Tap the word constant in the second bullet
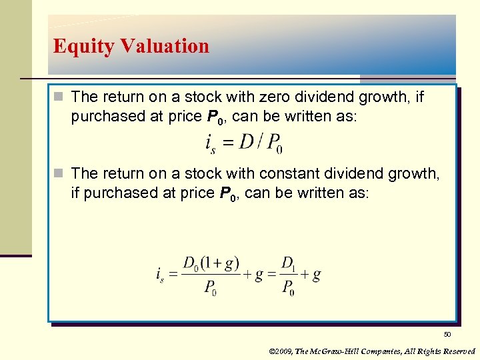pos(291,174)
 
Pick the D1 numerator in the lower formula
pos(288,263)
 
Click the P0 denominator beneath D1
pos(288,289)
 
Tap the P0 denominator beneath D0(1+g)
pos(210,289)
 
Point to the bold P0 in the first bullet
pos(214,118)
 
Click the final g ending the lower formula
pos(317,275)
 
